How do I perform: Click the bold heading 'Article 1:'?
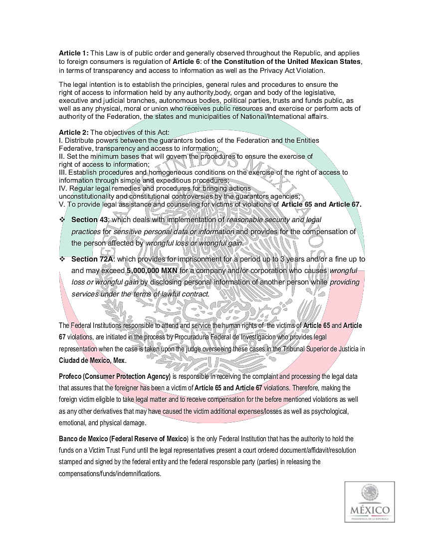tap(73, 53)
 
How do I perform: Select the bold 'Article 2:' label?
tap(73, 132)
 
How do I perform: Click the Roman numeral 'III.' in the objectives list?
tap(63, 172)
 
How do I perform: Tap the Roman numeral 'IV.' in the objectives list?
tap(63, 188)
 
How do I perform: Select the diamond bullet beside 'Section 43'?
tap(62, 220)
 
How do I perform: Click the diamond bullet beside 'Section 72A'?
tap(62, 259)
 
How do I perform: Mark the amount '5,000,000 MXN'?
tap(152, 271)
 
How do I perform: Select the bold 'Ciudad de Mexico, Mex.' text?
tap(92, 360)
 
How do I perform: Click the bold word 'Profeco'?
tap(70, 376)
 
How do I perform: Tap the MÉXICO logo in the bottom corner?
tap(370, 502)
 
